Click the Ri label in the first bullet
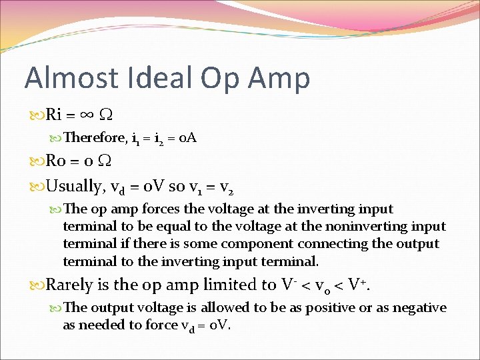[x=54, y=115]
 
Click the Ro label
[x=55, y=161]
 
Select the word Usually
[x=75, y=183]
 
